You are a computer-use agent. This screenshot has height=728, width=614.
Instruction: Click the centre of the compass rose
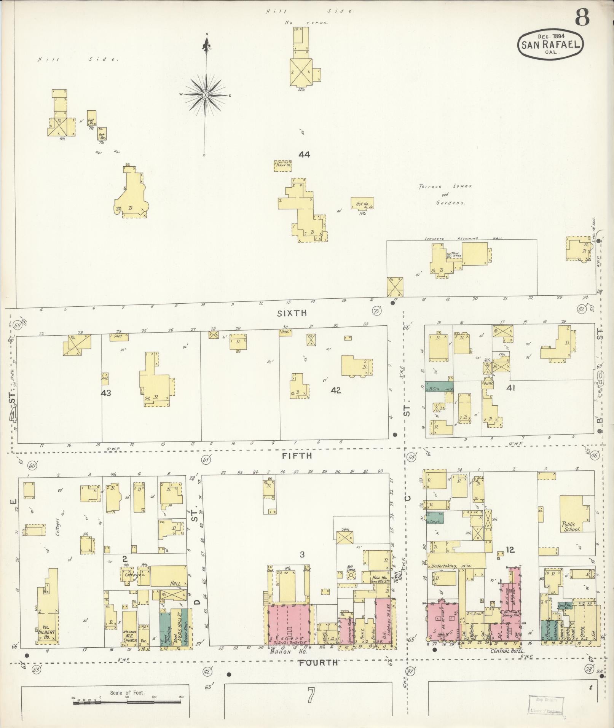point(206,95)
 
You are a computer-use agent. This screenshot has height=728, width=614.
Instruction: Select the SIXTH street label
point(292,313)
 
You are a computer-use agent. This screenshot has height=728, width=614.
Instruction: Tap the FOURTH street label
point(318,663)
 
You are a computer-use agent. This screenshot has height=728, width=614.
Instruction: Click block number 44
point(304,155)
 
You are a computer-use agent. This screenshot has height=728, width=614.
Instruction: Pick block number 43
point(106,393)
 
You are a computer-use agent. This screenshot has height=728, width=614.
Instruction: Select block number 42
point(336,390)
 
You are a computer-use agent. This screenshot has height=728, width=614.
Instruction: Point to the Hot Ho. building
point(362,204)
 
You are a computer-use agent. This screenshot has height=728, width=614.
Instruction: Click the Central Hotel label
point(506,652)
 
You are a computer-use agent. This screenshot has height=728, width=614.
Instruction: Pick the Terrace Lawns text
point(445,186)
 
